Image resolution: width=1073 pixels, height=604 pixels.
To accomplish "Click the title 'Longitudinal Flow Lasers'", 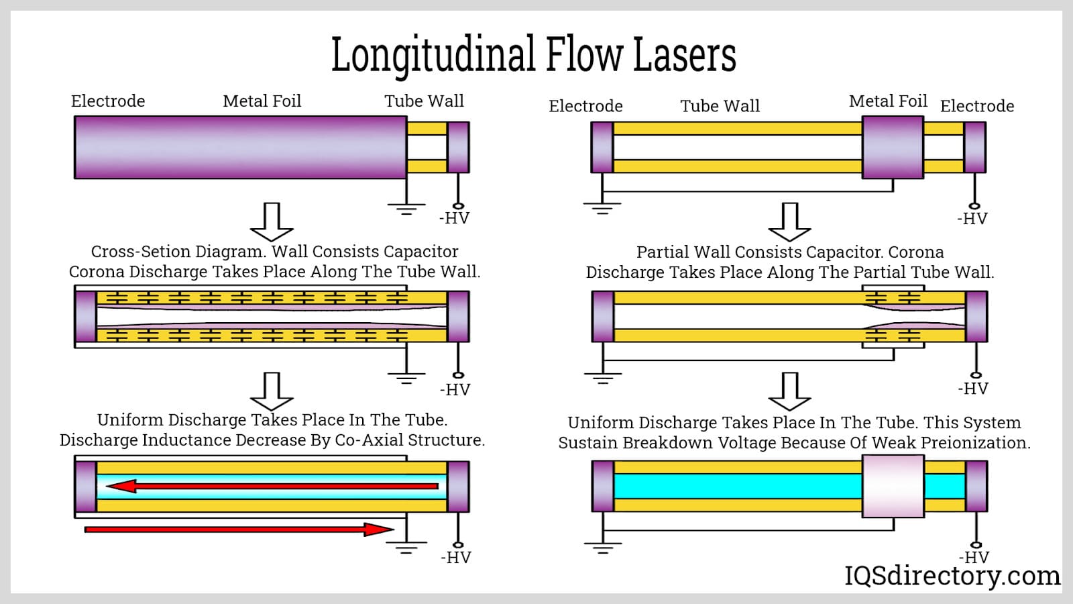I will pos(534,55).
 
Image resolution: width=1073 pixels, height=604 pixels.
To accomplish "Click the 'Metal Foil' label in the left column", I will pos(262,101).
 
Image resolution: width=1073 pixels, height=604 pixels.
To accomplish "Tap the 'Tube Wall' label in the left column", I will pos(424,101).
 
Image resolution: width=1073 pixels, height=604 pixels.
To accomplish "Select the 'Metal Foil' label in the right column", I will pos(888,101).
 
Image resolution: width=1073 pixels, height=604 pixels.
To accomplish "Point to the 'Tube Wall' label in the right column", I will pos(720,106).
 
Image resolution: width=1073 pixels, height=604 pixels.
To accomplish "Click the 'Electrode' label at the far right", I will pos(977,106).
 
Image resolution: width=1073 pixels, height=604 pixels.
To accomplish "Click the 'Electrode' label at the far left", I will pos(108,101).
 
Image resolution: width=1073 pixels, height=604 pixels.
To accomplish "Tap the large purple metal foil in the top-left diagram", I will pos(240,147).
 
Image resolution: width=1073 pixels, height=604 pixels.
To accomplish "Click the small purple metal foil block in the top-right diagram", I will pos(893,147).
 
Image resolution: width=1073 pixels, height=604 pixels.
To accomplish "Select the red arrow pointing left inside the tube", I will pos(272,486).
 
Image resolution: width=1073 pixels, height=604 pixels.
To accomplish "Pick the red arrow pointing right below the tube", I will pos(239,530).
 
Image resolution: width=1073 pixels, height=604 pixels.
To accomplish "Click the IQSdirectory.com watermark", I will pos(952,576).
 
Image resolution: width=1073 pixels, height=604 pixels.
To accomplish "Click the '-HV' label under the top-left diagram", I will pos(454,218).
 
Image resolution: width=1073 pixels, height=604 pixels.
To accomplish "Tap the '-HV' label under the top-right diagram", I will pos(972,219).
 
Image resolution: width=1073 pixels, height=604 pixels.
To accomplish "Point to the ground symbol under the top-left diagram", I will pos(406,208).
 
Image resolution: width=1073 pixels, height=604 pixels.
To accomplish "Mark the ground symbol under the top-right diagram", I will pos(602,208).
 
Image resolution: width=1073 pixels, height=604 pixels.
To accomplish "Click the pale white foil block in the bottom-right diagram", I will pos(893,487).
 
